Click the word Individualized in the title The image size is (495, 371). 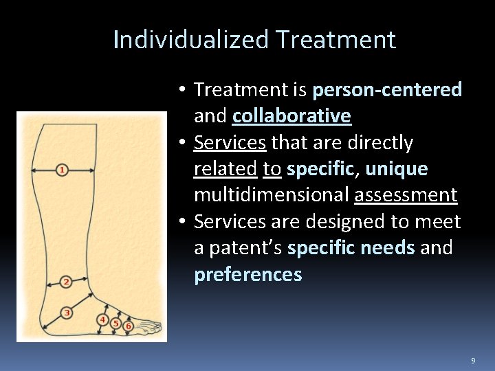(190, 40)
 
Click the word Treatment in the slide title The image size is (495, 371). (336, 40)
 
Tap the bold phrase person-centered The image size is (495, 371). (387, 90)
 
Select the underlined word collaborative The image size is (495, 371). (291, 116)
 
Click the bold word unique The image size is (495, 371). (397, 169)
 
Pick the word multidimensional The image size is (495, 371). (271, 195)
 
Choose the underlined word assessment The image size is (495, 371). (406, 195)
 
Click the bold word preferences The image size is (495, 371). (247, 275)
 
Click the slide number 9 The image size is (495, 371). (473, 361)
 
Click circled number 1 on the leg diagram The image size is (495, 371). (62, 169)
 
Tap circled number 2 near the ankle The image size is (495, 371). (67, 282)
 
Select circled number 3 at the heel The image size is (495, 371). (67, 313)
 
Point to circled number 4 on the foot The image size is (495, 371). (102, 319)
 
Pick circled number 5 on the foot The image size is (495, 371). (116, 323)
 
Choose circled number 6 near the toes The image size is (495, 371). (128, 326)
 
